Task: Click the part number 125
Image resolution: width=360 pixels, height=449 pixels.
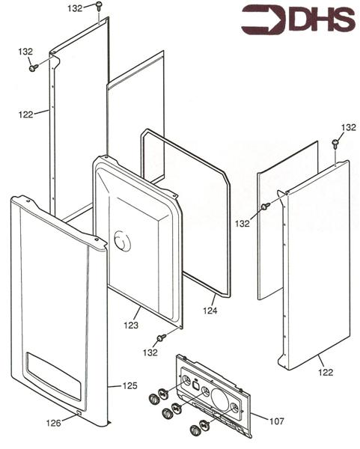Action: click(x=130, y=386)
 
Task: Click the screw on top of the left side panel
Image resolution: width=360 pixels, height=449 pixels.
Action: click(x=98, y=6)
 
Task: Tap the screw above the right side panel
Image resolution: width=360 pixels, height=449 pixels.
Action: click(x=335, y=143)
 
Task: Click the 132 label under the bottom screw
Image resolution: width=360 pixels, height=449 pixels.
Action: click(x=152, y=352)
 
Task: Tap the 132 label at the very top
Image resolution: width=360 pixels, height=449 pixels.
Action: click(x=76, y=8)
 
